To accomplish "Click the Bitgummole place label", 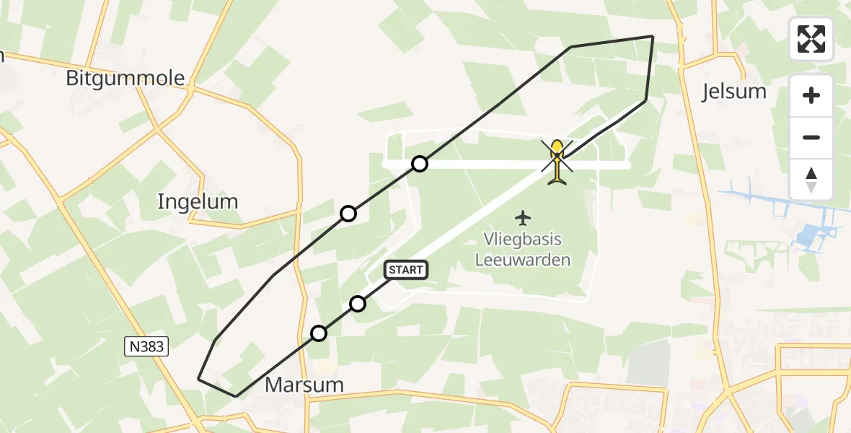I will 125,78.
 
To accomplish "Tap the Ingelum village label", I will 198,201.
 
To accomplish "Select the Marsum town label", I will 304,385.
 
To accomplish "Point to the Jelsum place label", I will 734,91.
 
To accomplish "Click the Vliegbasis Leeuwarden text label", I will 523,250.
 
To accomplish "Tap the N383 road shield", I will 146,347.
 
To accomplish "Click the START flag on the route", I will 406,270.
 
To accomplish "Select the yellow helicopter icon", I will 557,160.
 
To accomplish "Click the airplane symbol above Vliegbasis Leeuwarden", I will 523,217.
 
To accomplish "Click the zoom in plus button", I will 811,95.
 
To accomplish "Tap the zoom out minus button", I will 811,137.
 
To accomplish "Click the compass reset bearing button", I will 811,179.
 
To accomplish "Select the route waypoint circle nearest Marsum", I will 319,333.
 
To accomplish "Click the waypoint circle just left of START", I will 358,304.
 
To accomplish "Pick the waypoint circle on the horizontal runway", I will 420,165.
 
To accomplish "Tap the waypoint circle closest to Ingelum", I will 348,214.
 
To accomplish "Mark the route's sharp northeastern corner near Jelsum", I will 652,36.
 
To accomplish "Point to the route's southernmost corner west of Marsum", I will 236,395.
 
